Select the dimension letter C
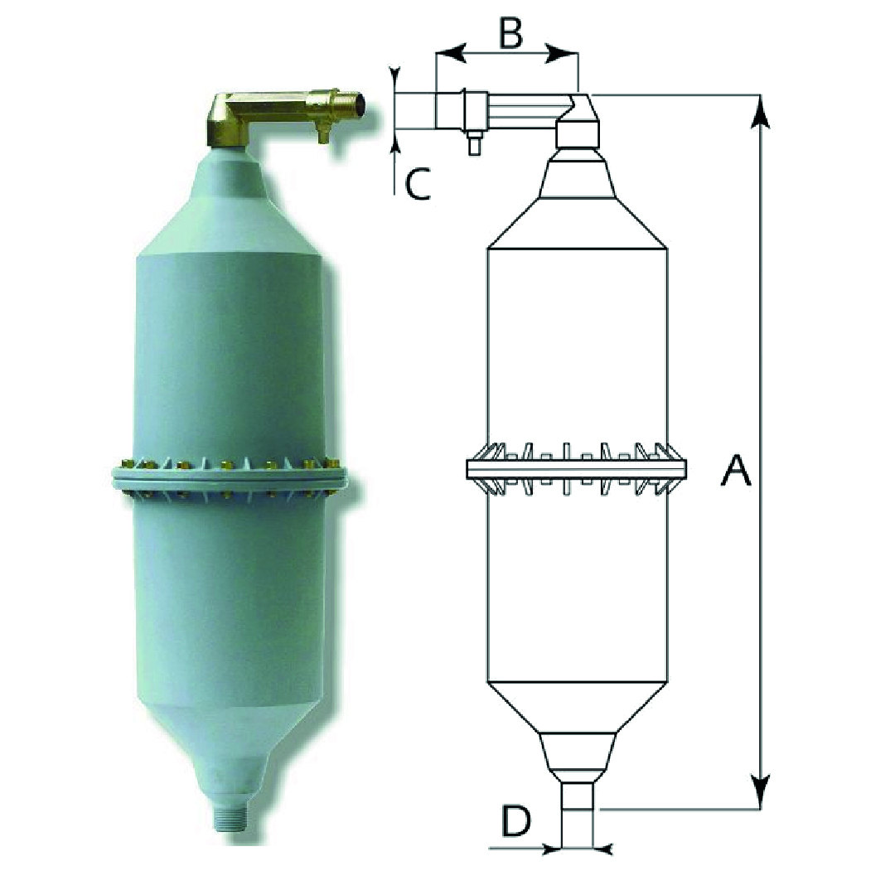(x=418, y=184)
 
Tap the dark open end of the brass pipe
(x=359, y=105)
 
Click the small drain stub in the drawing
(x=474, y=143)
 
